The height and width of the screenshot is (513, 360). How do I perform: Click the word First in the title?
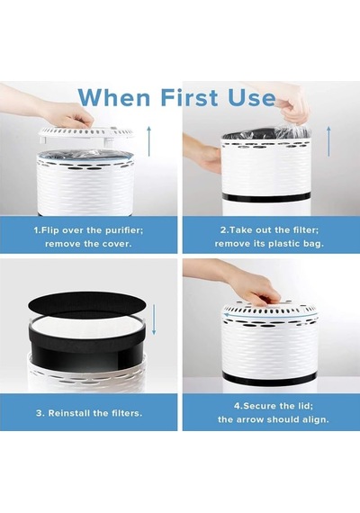point(189,97)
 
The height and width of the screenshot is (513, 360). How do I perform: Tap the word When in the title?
point(114,97)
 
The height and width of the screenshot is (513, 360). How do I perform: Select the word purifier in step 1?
point(124,230)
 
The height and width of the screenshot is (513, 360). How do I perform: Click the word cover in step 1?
point(117,244)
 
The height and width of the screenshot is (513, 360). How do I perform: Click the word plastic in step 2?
point(281,244)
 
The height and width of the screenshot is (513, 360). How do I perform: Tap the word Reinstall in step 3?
point(69,413)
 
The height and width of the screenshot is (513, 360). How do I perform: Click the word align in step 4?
point(316,419)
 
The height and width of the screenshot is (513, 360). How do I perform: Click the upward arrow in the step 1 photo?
point(148,141)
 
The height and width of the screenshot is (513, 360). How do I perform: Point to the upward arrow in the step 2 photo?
point(328,141)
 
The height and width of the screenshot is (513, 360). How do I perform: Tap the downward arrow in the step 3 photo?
point(154,319)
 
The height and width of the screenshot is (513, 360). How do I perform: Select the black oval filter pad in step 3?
point(87,304)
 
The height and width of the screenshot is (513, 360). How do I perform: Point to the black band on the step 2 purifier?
point(266,197)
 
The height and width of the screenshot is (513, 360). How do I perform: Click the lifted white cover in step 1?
point(86,133)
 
